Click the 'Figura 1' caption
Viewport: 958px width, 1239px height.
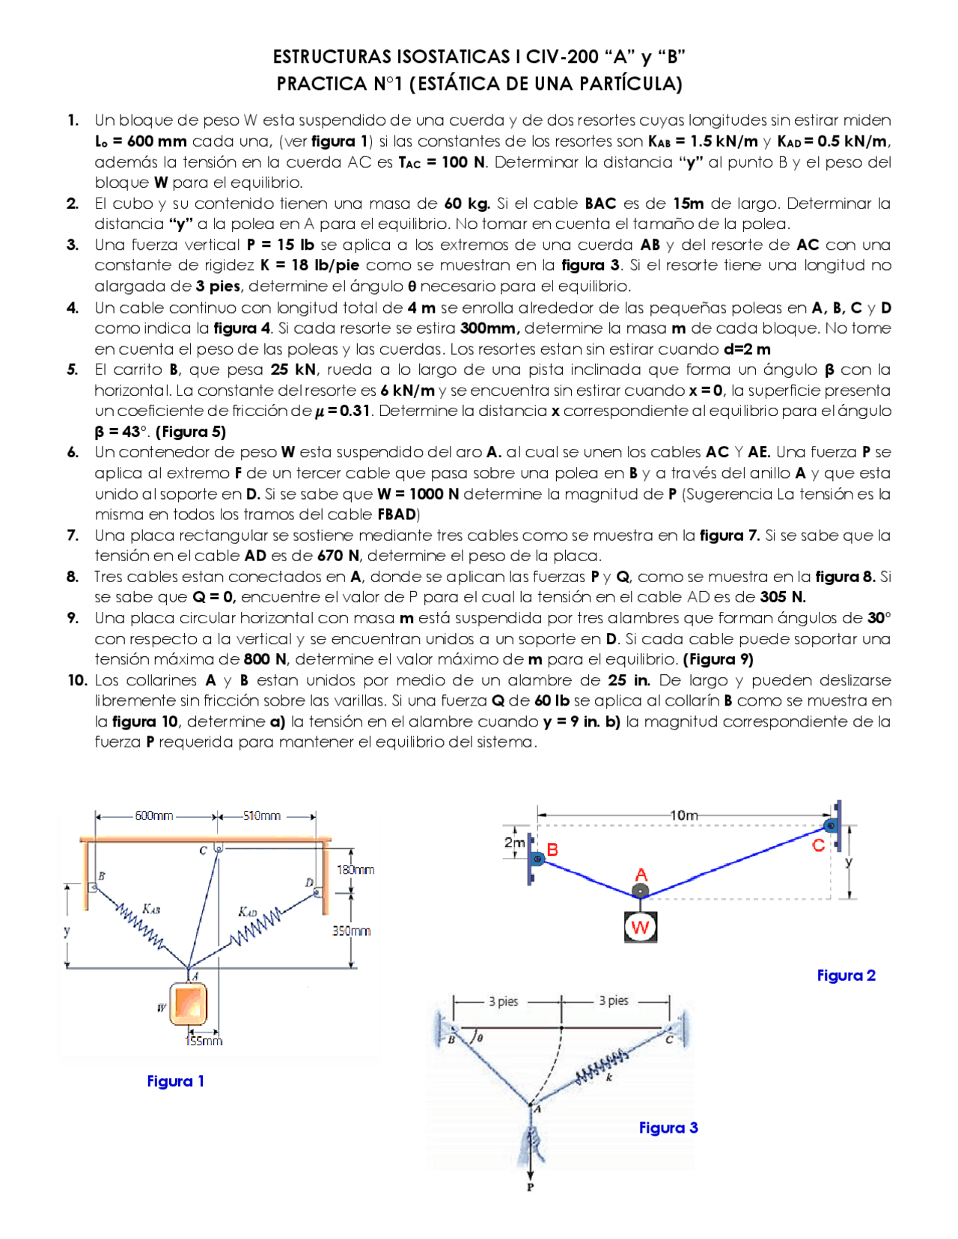[175, 1081]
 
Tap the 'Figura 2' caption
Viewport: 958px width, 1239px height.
[846, 976]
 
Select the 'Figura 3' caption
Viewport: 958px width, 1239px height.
[668, 1128]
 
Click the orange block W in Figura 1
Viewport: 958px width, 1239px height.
[188, 1004]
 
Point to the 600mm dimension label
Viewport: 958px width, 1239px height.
[154, 816]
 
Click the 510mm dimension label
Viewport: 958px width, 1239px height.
[261, 816]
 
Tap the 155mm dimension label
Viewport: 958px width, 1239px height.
[204, 1041]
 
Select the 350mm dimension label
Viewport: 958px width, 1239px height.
[351, 931]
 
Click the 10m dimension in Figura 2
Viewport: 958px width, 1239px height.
[684, 815]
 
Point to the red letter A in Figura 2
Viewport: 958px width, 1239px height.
[641, 875]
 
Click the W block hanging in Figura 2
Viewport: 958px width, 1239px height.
[640, 928]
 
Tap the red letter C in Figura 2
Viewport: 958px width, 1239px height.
[818, 845]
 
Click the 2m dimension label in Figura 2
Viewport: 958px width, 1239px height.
[514, 842]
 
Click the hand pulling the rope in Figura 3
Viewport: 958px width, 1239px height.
[534, 1142]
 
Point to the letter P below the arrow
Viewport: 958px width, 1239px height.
[530, 1187]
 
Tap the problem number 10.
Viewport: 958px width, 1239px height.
[77, 680]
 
